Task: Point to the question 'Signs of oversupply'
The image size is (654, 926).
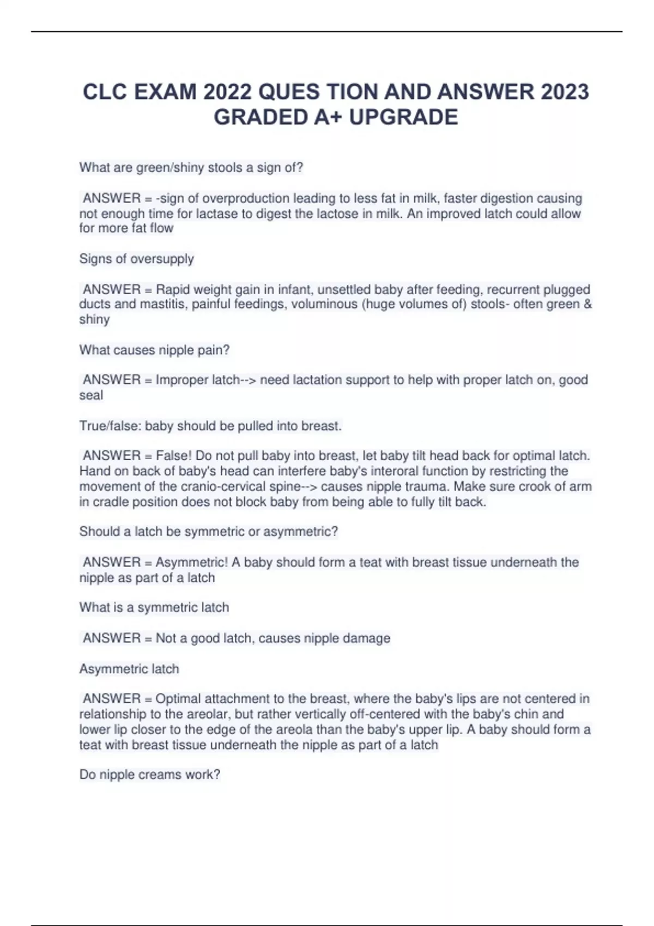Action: click(x=136, y=259)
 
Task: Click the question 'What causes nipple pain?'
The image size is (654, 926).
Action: click(x=154, y=350)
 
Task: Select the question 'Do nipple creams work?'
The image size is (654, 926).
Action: click(x=149, y=775)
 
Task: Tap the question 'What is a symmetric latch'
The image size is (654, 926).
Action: click(x=154, y=607)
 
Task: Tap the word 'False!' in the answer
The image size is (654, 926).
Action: click(x=174, y=455)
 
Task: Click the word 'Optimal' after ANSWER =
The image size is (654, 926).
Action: click(x=178, y=699)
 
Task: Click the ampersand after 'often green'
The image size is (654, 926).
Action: click(x=587, y=304)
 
